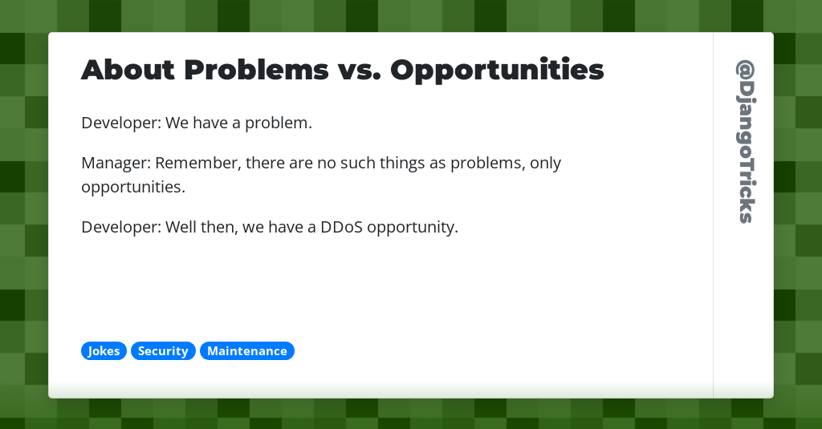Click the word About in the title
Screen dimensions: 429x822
[128, 71]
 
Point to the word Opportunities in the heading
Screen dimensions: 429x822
[497, 71]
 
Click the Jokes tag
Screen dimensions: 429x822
[104, 351]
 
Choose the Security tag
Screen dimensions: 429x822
[163, 351]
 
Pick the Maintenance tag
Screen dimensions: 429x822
[247, 351]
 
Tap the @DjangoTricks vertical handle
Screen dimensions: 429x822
[745, 141]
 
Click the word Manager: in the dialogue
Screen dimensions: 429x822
[116, 164]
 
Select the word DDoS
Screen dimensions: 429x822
[343, 227]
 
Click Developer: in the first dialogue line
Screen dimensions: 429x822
[120, 123]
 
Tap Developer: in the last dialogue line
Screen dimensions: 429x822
[120, 227]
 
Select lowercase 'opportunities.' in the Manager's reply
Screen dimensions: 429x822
[133, 188]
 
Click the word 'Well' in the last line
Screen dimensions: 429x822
[181, 227]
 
